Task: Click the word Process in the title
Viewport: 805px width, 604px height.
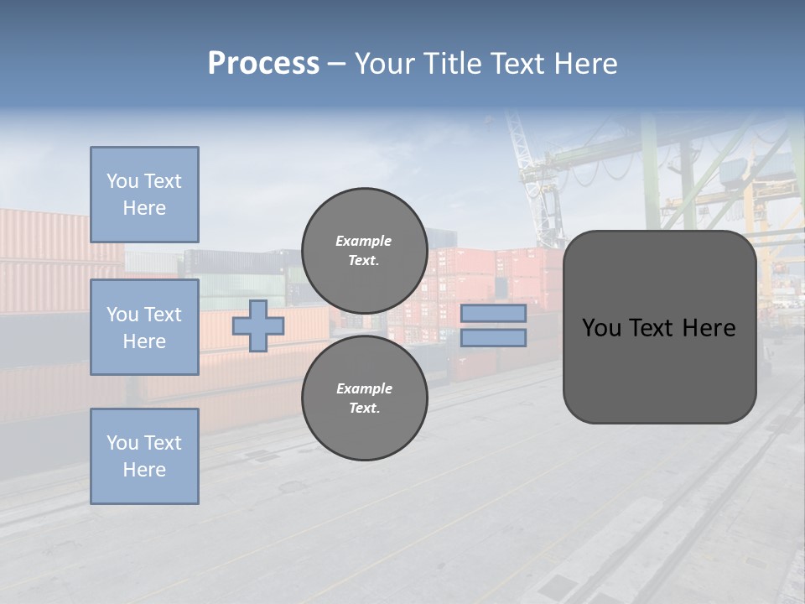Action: pyautogui.click(x=263, y=64)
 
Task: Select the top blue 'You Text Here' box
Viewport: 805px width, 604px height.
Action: pyautogui.click(x=144, y=195)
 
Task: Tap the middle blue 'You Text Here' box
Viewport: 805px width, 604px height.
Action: pyautogui.click(x=144, y=327)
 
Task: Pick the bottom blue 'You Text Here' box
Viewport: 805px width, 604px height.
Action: pyautogui.click(x=144, y=456)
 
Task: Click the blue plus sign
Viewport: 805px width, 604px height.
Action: pyautogui.click(x=257, y=325)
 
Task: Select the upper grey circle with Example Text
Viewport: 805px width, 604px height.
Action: pyautogui.click(x=364, y=250)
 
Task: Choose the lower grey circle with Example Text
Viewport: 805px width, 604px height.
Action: pyautogui.click(x=364, y=398)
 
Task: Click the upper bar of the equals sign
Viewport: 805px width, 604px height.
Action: pyautogui.click(x=493, y=313)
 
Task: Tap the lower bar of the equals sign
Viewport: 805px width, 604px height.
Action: pyautogui.click(x=493, y=338)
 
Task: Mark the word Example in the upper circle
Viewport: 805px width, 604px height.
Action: pyautogui.click(x=363, y=241)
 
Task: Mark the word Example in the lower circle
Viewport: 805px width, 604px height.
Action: pyautogui.click(x=364, y=388)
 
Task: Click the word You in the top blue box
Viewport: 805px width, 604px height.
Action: pyautogui.click(x=122, y=181)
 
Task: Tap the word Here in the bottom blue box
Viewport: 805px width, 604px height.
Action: pyautogui.click(x=144, y=470)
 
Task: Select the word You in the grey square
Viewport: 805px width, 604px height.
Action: pyautogui.click(x=601, y=327)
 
